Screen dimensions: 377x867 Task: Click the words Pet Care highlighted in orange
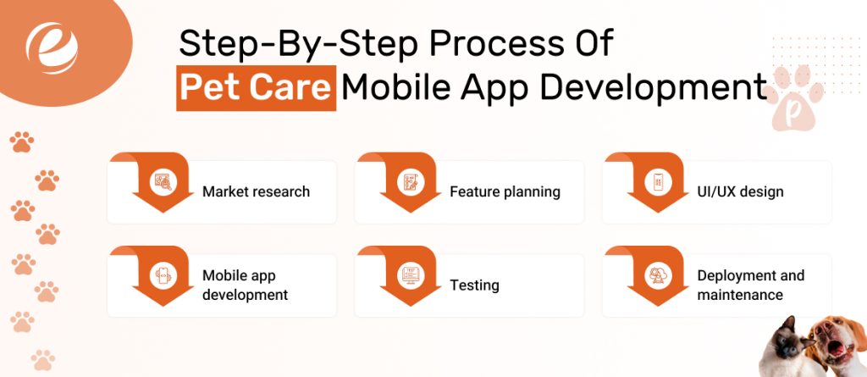coord(256,87)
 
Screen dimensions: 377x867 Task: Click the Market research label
coord(256,191)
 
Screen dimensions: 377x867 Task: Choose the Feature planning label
coord(505,191)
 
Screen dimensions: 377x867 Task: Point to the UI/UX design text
coord(740,191)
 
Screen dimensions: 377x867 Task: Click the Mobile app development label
coord(245,286)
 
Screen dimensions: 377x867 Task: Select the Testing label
coord(474,286)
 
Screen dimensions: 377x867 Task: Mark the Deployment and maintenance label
coord(750,286)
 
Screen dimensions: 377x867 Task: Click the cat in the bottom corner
coord(787,347)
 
